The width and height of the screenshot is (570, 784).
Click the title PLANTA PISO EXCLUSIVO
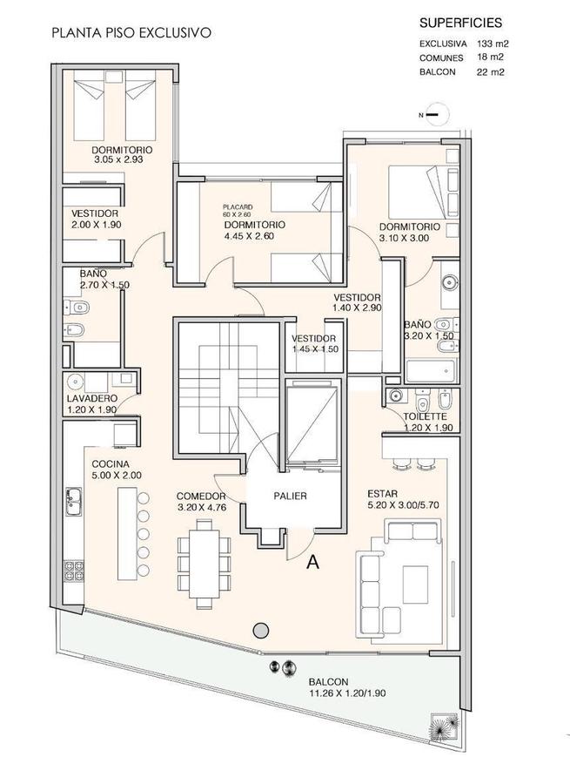(131, 33)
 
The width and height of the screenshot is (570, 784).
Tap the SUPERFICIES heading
(460, 23)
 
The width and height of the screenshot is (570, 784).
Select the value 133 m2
(492, 44)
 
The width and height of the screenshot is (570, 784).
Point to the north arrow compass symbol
(433, 115)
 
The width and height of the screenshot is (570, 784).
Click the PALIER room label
(291, 496)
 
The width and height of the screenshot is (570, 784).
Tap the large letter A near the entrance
(312, 562)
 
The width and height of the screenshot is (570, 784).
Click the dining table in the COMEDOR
(204, 564)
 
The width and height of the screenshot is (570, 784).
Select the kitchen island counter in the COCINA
(127, 533)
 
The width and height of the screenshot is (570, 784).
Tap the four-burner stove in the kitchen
(73, 571)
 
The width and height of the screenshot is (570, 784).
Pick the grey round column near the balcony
(260, 631)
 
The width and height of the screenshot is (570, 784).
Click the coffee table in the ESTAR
(415, 585)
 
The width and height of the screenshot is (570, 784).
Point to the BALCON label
(328, 682)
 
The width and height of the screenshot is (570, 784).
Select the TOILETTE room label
(426, 416)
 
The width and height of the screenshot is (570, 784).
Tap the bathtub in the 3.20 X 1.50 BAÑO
(431, 371)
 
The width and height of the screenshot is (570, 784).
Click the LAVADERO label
(92, 398)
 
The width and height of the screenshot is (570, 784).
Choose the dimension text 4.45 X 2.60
(249, 236)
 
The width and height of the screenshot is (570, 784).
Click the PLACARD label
(238, 206)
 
